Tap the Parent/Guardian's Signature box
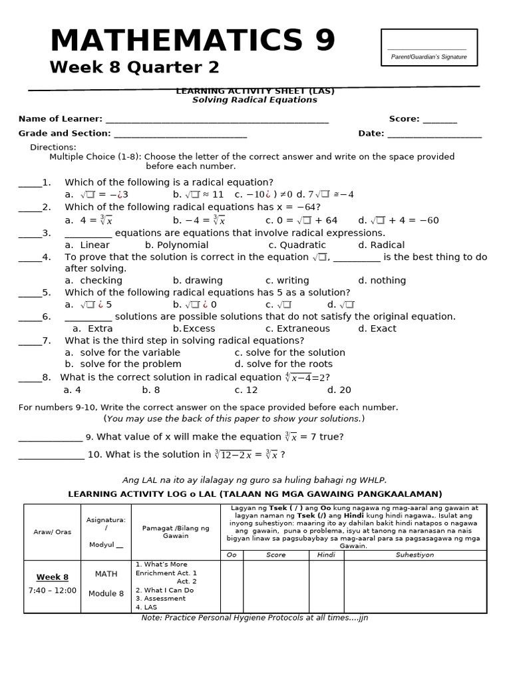(x=428, y=48)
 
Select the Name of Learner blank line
(x=217, y=120)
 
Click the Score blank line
(x=439, y=120)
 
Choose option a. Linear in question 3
(x=87, y=245)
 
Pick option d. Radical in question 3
(x=381, y=245)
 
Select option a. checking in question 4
(x=94, y=281)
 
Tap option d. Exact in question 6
(x=377, y=329)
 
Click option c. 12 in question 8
(x=246, y=390)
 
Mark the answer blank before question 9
(x=51, y=438)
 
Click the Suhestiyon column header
(x=415, y=555)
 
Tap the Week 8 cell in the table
(x=53, y=577)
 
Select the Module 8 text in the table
(x=106, y=593)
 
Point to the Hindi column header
(x=326, y=555)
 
